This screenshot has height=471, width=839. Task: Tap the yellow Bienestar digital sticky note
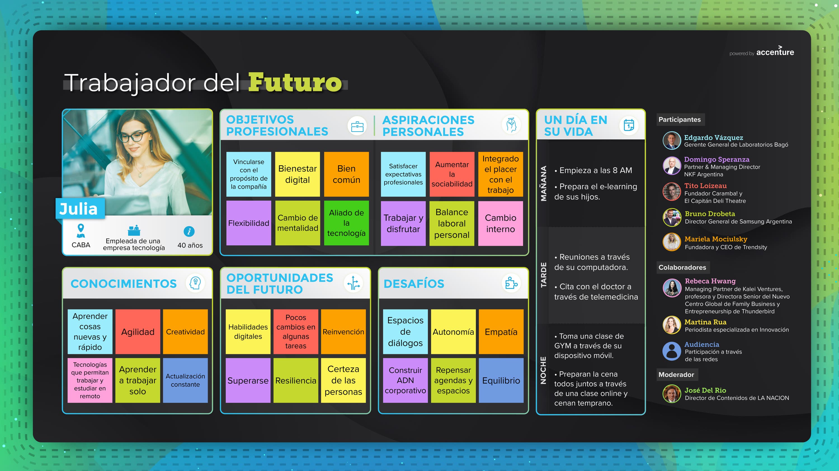pyautogui.click(x=297, y=174)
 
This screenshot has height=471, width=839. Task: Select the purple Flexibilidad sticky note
pyautogui.click(x=249, y=223)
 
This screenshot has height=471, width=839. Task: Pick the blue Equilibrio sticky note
pyautogui.click(x=501, y=380)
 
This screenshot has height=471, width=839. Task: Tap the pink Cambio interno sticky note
pyautogui.click(x=501, y=223)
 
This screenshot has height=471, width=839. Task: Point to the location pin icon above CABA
pyautogui.click(x=81, y=230)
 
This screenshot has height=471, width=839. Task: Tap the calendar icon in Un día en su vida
pyautogui.click(x=629, y=125)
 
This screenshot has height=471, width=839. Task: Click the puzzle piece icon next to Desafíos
pyautogui.click(x=511, y=283)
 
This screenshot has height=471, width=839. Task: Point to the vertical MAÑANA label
pyautogui.click(x=544, y=184)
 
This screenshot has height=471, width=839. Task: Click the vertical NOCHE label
pyautogui.click(x=543, y=370)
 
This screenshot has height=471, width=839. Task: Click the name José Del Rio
pyautogui.click(x=705, y=390)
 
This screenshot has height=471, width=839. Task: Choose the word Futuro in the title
pyautogui.click(x=295, y=82)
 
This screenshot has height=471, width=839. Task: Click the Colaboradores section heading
pyautogui.click(x=682, y=267)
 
